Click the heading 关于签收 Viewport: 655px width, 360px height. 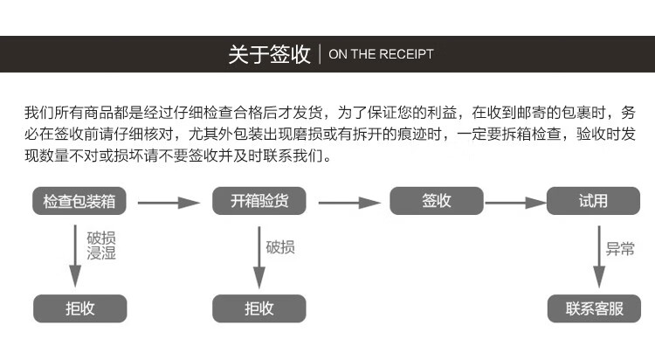pyautogui.click(x=269, y=54)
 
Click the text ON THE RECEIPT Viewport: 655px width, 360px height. pyautogui.click(x=380, y=54)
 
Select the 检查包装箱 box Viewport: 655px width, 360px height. pyautogui.click(x=79, y=201)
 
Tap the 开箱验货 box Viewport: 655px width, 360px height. pyautogui.click(x=259, y=201)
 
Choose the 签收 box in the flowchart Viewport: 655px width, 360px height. pyautogui.click(x=436, y=201)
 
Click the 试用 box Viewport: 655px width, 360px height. pyautogui.click(x=593, y=201)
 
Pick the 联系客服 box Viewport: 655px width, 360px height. pyautogui.click(x=593, y=308)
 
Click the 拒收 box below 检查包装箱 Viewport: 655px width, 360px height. pyautogui.click(x=79, y=308)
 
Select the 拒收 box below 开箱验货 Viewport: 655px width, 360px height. pyautogui.click(x=259, y=308)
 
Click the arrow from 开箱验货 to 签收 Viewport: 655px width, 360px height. pyautogui.click(x=349, y=203)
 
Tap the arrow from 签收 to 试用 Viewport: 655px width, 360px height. pyautogui.click(x=515, y=203)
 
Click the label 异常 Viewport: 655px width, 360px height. pyautogui.click(x=620, y=248)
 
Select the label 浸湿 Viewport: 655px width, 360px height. pyautogui.click(x=101, y=254)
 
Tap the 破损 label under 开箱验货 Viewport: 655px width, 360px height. pyautogui.click(x=280, y=247)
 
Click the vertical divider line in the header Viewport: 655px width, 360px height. pyautogui.click(x=320, y=54)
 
